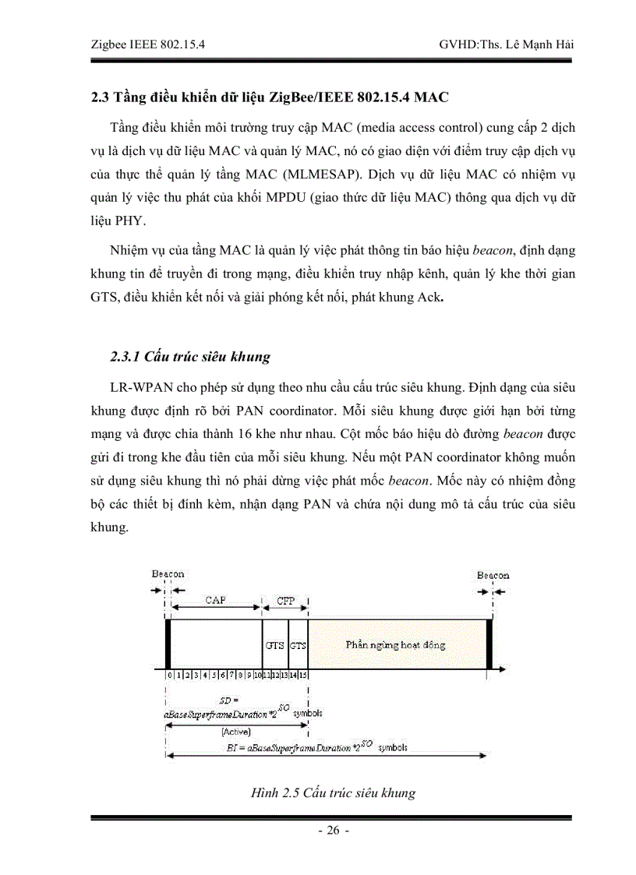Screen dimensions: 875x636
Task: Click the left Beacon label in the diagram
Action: pos(168,574)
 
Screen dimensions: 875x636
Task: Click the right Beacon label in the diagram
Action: pos(493,575)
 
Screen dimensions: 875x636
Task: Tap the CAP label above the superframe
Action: pos(216,600)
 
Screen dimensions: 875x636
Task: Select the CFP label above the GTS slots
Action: pos(286,601)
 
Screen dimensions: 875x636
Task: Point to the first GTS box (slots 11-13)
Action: pos(274,645)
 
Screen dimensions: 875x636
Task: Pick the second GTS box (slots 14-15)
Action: pos(298,645)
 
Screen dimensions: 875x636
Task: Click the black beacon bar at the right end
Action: pos(489,644)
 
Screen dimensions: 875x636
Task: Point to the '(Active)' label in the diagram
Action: pos(235,732)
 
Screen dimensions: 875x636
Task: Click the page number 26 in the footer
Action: pos(333,831)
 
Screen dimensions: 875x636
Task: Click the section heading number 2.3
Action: pos(101,98)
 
